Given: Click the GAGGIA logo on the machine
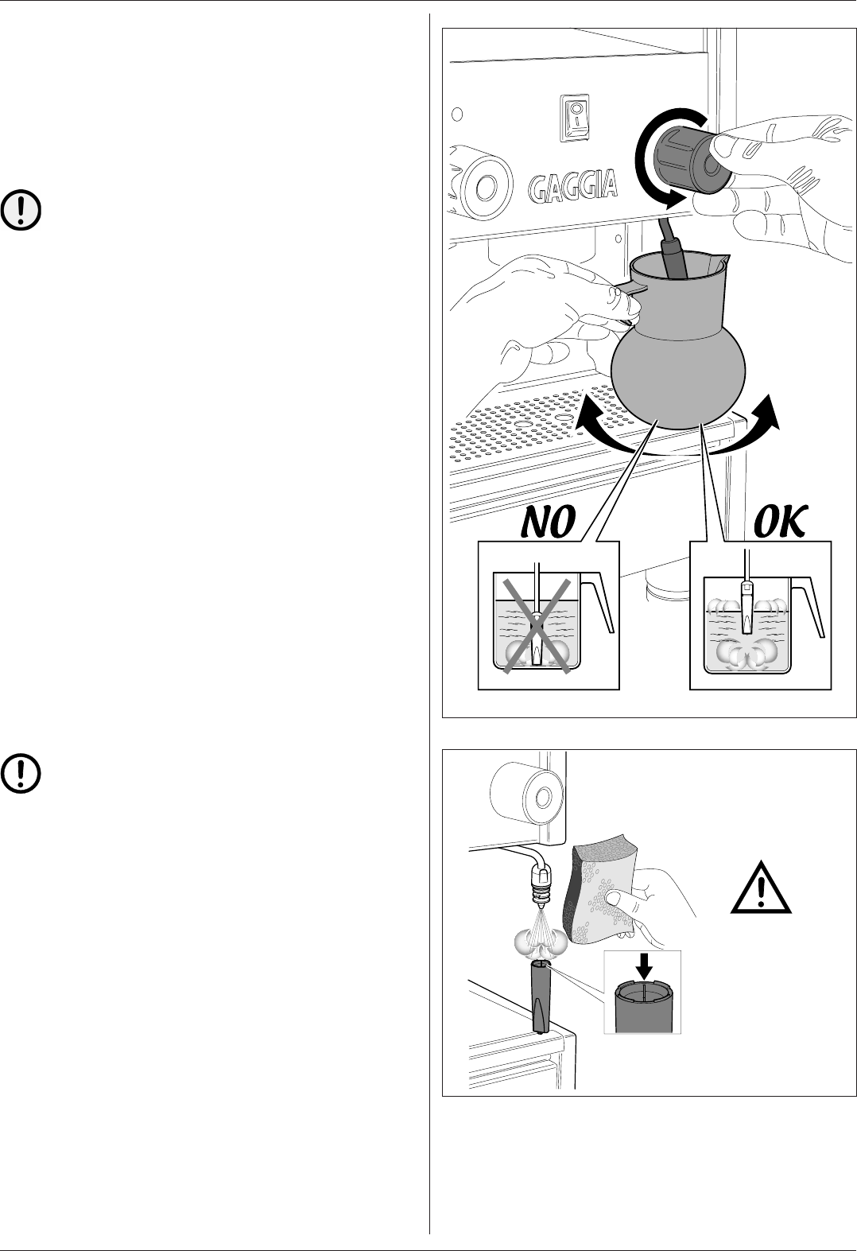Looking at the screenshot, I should click(573, 186).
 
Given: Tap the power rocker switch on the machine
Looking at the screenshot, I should click(574, 119).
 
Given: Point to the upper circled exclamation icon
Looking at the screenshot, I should click(22, 210).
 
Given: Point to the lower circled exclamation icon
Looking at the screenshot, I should click(22, 772).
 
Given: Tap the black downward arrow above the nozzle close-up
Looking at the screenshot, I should click(644, 966).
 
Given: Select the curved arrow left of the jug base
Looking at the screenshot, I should click(596, 426).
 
